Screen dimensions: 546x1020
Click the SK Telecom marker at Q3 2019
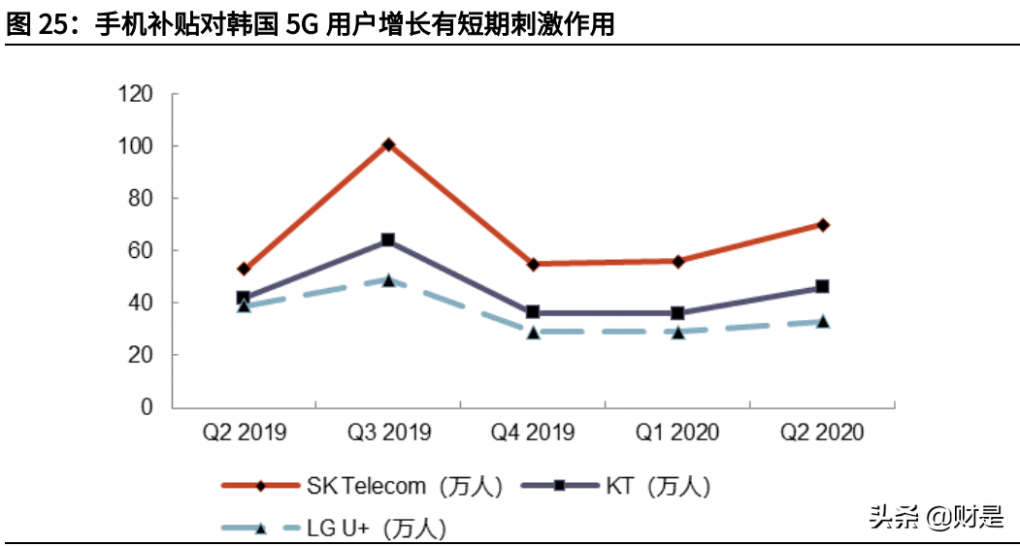click(388, 145)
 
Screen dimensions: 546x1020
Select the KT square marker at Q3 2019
click(388, 240)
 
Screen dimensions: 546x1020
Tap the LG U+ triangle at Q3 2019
click(388, 280)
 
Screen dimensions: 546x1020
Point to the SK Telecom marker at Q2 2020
click(823, 224)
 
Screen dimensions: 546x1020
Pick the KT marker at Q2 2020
click(823, 286)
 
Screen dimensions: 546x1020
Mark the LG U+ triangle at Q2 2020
click(823, 321)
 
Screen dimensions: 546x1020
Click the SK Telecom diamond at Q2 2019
click(244, 269)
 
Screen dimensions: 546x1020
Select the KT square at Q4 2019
click(533, 312)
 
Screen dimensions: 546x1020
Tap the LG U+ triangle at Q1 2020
click(678, 332)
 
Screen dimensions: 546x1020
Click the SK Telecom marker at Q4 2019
click(533, 264)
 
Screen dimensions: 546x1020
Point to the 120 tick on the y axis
click(135, 94)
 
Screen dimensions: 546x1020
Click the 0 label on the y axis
click(148, 407)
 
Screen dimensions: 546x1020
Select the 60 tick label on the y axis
click(141, 250)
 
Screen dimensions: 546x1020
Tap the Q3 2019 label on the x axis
click(388, 433)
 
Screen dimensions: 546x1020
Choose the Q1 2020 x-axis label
click(678, 433)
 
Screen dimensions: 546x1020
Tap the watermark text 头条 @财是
click(936, 517)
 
